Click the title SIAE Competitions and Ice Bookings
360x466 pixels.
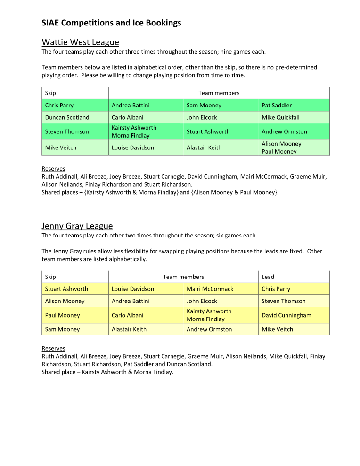pos(111,23)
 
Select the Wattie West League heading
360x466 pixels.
pos(80,42)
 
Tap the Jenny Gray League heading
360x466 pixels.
pos(77,226)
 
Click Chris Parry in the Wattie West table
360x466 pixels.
pos(59,106)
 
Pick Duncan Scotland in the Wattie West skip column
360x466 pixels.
pos(67,117)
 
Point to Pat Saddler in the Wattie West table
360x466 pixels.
pos(277,106)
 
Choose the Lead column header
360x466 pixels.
pos(268,277)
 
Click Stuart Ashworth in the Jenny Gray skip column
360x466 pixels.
pos(66,289)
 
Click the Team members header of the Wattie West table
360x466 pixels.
pos(219,93)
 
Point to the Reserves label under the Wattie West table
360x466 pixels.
pos(53,169)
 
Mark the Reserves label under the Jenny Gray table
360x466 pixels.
pos(53,349)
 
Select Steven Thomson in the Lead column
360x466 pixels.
pos(283,301)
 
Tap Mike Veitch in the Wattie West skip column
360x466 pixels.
pos(61,147)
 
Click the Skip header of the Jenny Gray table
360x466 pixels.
pos(50,277)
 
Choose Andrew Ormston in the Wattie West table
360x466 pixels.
pos(284,131)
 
